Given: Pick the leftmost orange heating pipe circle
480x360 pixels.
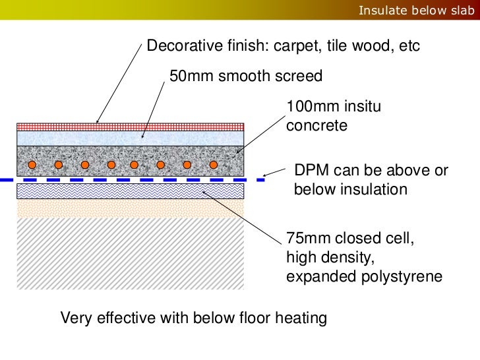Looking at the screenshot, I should tap(59, 164).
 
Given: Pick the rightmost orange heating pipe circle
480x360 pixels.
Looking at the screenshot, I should tap(213, 164).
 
